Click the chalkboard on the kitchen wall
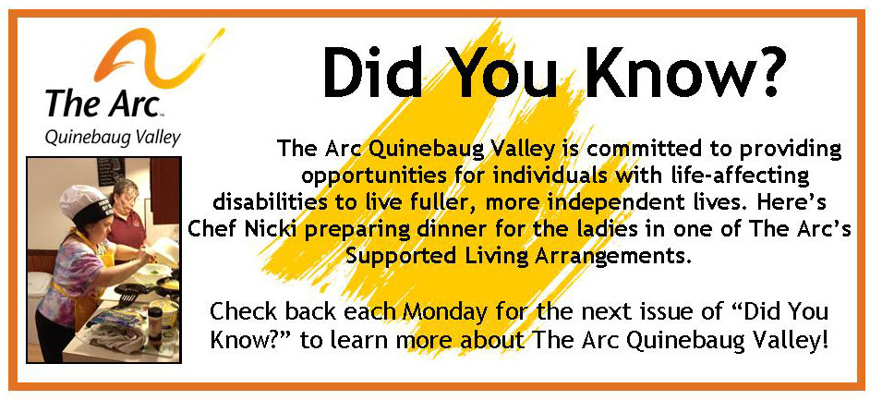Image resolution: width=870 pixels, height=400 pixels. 111,171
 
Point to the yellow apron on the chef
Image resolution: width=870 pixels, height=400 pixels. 88,288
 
